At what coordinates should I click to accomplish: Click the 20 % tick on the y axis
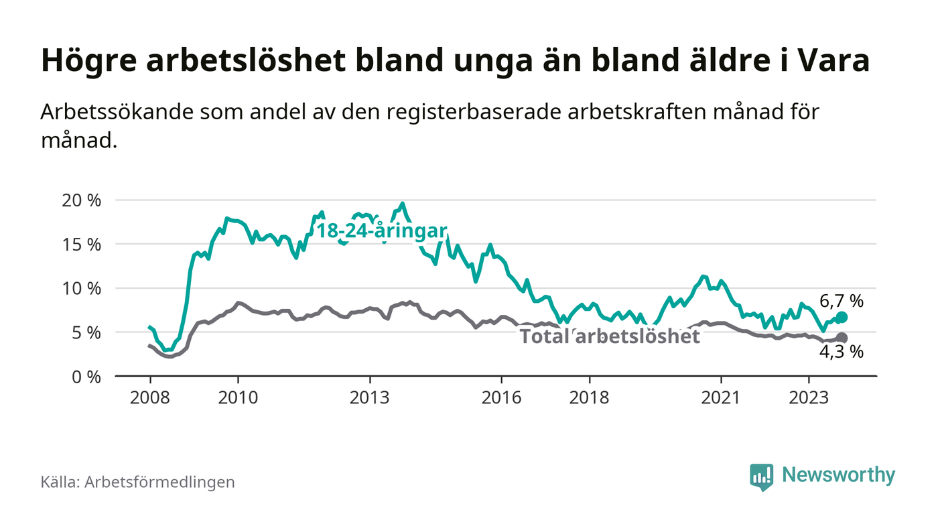(82, 200)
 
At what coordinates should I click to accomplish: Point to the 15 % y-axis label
(82, 245)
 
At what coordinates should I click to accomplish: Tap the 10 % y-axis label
(82, 289)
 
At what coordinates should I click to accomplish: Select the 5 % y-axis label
(87, 332)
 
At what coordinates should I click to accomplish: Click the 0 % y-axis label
(87, 377)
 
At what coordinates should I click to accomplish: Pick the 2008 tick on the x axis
(149, 397)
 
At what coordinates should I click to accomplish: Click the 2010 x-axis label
(238, 397)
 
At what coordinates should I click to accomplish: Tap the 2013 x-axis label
(370, 397)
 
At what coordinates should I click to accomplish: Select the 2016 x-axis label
(502, 397)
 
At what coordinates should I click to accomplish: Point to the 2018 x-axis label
(590, 397)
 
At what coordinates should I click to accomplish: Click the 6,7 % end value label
(842, 301)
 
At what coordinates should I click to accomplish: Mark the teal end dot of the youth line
(842, 317)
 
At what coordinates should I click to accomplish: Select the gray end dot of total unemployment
(842, 338)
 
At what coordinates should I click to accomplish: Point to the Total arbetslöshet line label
(610, 336)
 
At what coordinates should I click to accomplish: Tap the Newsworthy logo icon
(761, 476)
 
